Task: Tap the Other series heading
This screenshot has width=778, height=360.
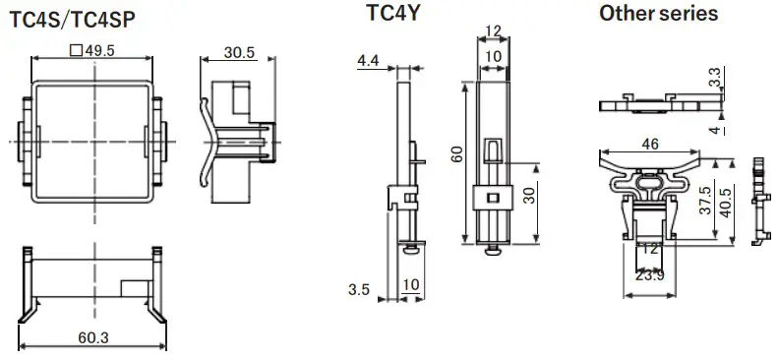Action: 658,14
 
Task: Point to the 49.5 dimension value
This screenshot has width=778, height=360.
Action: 99,51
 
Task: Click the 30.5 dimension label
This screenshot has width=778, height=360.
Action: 240,51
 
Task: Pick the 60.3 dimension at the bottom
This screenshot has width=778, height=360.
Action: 93,337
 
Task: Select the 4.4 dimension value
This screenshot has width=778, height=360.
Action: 368,61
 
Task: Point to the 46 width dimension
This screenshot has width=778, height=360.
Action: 650,144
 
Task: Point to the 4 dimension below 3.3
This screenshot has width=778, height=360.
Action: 715,130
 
